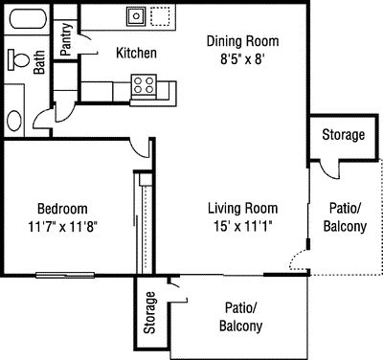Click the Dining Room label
point(242,41)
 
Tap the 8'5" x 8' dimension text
point(243,59)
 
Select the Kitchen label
point(136,53)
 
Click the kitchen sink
point(136,16)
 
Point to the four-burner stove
point(144,85)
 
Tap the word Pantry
point(66,39)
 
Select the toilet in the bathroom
point(18,59)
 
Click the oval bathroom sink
point(14,121)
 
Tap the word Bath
point(39,62)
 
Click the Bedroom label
point(62,209)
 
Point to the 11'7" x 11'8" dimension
point(62,227)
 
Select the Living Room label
point(243,208)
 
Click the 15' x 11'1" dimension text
point(243,226)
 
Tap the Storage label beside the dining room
point(344,135)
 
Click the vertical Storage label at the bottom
point(149,313)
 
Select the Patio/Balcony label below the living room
point(241,317)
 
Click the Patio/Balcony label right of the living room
point(345,217)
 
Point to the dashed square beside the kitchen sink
point(161,16)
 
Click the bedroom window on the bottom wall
point(65,275)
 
